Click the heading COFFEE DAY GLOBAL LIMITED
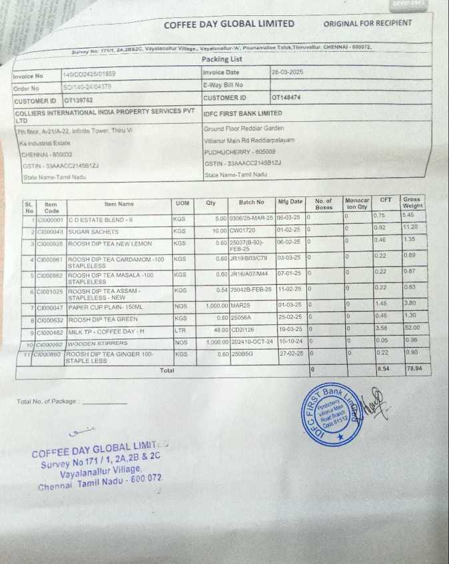click(228, 24)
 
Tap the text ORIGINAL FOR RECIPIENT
click(367, 23)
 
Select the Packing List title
click(222, 59)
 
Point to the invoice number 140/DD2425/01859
click(89, 75)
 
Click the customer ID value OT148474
click(286, 98)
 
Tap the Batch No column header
click(251, 202)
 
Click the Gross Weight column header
click(412, 202)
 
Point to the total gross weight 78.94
click(414, 368)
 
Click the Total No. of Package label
click(48, 402)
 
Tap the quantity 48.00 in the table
click(217, 329)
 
